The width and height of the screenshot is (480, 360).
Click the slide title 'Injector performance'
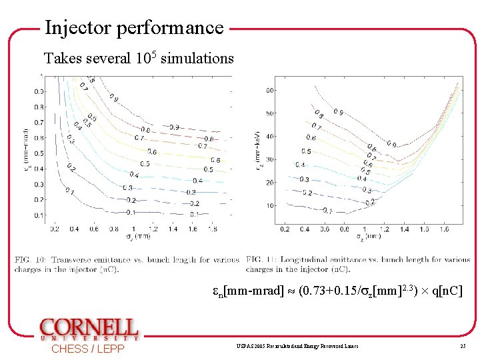point(134,27)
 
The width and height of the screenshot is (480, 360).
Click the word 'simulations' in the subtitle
point(197,58)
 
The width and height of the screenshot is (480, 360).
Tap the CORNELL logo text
point(89,328)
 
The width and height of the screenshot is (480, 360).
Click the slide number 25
point(462,347)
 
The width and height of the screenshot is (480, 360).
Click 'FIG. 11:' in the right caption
point(261,260)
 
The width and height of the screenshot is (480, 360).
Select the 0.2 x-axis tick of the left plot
point(54,229)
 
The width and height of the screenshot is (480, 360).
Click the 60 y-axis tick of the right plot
point(270,90)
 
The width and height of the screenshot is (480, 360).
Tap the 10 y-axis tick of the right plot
point(270,205)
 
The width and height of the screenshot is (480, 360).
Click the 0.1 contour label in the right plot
point(327,211)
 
